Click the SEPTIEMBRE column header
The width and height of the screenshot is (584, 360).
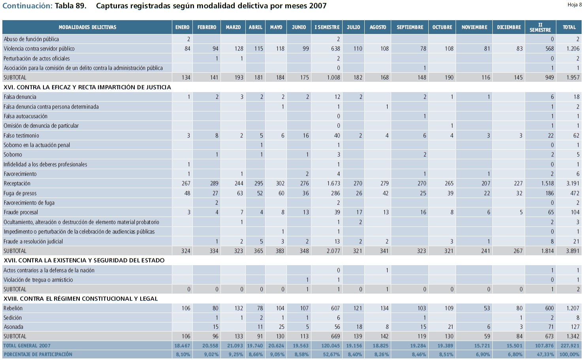[x=410, y=27]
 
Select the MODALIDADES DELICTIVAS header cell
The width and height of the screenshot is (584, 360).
[x=87, y=27]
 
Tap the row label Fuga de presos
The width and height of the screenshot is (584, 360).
[x=20, y=193]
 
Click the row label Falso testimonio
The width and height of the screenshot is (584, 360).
[x=21, y=136]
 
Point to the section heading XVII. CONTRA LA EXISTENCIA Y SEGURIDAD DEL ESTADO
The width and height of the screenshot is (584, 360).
[x=84, y=260]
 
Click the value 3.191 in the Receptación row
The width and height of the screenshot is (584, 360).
[x=573, y=183]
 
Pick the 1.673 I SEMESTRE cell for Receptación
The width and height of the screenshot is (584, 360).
[x=333, y=183]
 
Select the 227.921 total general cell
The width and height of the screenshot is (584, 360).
[x=569, y=346]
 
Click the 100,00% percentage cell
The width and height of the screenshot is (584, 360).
[x=569, y=354]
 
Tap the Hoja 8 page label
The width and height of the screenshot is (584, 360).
[x=575, y=5]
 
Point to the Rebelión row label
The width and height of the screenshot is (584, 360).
[x=13, y=308]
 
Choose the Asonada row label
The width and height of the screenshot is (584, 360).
[x=13, y=327]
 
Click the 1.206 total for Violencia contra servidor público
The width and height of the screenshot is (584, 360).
[x=573, y=49]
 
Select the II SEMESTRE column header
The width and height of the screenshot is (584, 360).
[x=540, y=27]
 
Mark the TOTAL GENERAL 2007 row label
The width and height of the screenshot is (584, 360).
[x=27, y=346]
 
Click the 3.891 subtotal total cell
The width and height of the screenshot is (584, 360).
[x=573, y=251]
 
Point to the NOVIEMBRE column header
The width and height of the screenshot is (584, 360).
[x=474, y=27]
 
